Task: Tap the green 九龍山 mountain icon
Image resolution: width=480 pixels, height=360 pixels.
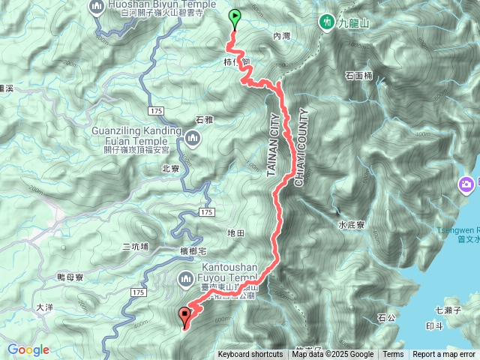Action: [x=327, y=22]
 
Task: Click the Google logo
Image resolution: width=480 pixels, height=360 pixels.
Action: [x=28, y=349]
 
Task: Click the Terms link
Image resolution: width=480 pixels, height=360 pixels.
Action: [x=393, y=355]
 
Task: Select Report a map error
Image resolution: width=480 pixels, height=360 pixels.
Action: [x=444, y=355]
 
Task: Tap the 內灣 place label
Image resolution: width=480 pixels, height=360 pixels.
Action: [x=281, y=35]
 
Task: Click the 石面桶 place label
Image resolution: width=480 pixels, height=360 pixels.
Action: [x=358, y=76]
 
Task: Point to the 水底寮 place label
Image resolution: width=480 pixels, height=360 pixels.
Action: [x=351, y=224]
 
